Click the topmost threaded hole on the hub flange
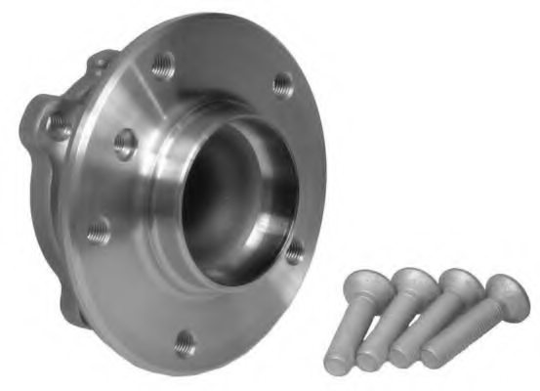pos(164,67)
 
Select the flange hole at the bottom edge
pos(185,343)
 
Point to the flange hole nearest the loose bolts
pos(294,252)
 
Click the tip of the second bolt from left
pos(369,362)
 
